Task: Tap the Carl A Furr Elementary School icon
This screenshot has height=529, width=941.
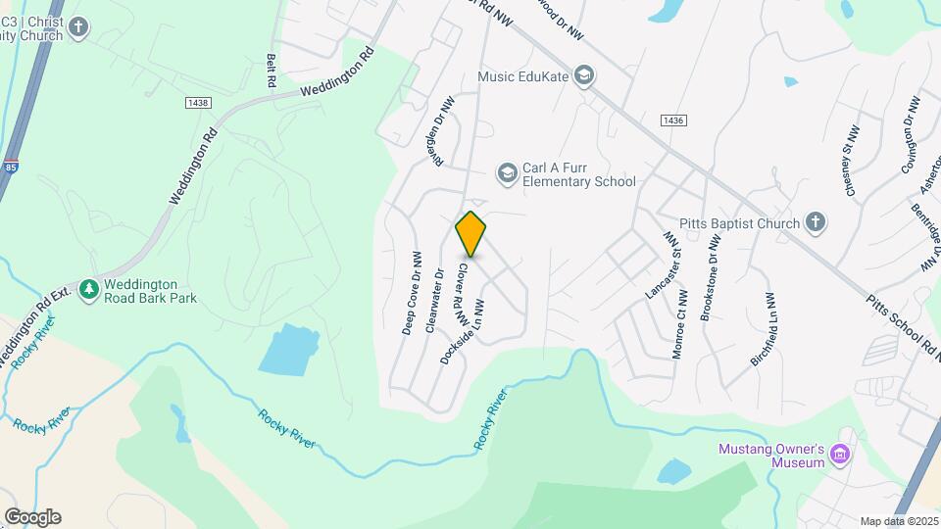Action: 507,173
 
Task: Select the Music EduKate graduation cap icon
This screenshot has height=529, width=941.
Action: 584,75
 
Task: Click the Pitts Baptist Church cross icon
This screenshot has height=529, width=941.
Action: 816,223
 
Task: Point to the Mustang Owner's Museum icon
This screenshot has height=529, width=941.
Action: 839,455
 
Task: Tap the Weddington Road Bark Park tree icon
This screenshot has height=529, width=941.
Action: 89,290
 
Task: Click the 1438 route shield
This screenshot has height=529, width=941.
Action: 197,101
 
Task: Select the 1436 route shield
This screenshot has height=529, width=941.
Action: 672,120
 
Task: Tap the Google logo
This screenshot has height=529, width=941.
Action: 32,517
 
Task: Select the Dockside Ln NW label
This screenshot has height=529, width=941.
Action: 464,332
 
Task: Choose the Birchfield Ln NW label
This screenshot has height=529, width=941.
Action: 764,329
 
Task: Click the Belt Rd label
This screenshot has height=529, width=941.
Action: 272,71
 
